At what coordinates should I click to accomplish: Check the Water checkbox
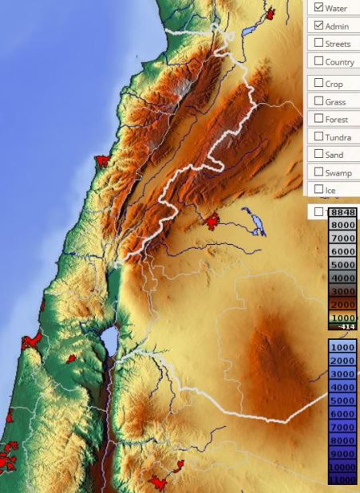(319, 7)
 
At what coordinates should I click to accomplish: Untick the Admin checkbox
(319, 26)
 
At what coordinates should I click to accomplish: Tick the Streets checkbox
(319, 43)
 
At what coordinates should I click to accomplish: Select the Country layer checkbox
(319, 61)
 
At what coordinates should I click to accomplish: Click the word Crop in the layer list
(334, 84)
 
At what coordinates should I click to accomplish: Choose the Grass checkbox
(319, 101)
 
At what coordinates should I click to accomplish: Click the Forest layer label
(337, 119)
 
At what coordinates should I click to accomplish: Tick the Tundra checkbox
(319, 136)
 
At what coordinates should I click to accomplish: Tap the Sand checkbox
(319, 154)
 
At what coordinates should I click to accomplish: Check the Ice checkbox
(319, 189)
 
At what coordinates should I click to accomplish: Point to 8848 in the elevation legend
(342, 212)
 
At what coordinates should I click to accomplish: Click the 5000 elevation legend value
(342, 264)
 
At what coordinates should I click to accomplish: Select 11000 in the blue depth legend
(342, 479)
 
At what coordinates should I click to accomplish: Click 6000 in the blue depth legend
(342, 414)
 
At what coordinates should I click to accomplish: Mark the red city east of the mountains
(212, 221)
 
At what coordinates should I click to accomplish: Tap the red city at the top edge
(271, 13)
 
